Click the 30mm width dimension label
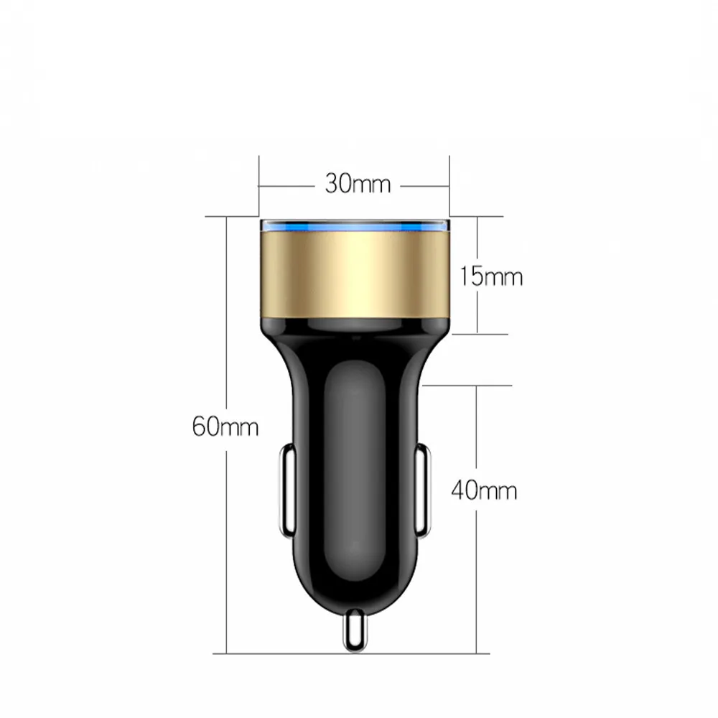(x=357, y=185)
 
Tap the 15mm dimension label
(x=491, y=276)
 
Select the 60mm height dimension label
(x=225, y=427)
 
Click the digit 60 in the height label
(x=206, y=427)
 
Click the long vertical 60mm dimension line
(x=227, y=323)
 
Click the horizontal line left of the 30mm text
(x=287, y=185)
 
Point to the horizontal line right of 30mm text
(x=424, y=185)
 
